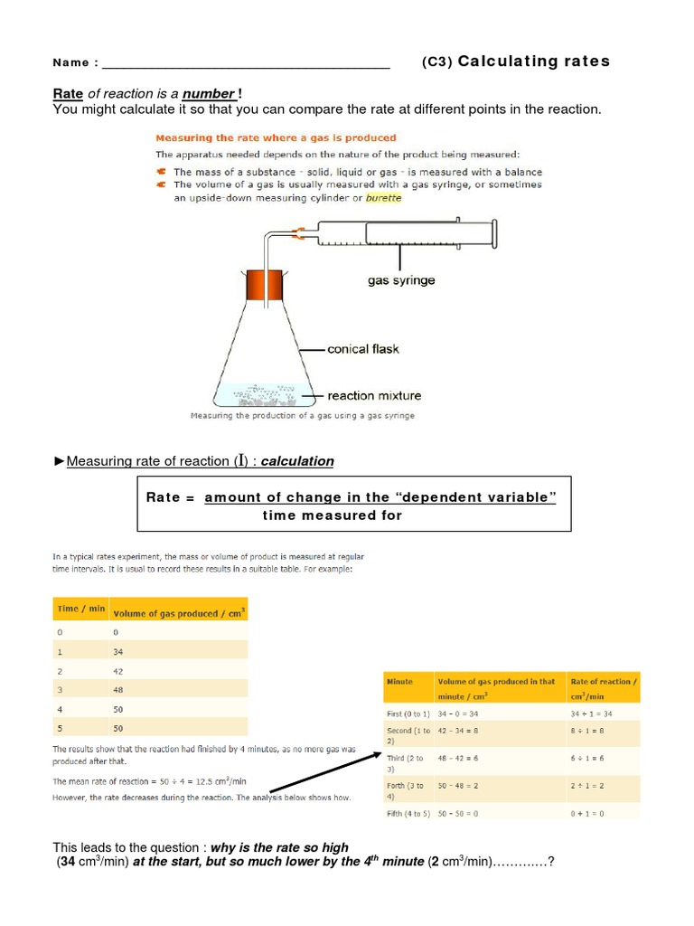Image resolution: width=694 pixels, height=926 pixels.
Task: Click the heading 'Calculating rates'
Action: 533,61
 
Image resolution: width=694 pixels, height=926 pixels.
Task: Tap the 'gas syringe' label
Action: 400,280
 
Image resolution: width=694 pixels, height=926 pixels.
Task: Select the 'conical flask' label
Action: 362,348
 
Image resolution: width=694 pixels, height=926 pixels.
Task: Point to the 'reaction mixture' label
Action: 373,395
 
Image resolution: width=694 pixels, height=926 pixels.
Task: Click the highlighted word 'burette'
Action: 383,198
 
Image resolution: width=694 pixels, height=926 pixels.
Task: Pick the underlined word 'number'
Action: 209,94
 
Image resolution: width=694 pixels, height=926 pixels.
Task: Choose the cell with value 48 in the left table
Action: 118,691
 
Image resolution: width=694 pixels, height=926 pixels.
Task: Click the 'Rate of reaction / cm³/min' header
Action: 603,688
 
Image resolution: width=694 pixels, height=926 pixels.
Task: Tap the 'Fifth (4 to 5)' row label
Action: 406,814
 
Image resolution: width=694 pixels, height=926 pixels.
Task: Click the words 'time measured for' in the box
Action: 332,515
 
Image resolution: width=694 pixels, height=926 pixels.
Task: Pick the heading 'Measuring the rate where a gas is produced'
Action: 276,138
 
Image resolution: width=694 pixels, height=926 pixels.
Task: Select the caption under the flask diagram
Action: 302,416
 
